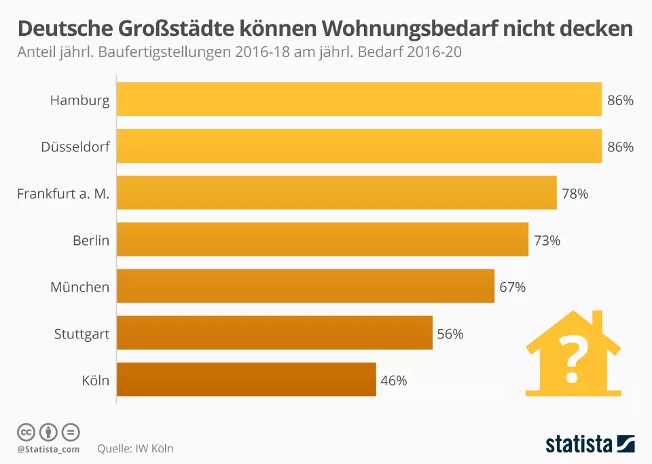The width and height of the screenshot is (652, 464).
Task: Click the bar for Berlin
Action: tap(323, 239)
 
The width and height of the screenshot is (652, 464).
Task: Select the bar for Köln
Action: tap(247, 379)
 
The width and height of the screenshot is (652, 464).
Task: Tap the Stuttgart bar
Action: tap(275, 333)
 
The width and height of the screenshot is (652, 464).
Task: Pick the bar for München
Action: tap(306, 286)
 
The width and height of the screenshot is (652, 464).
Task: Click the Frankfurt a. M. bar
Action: tap(337, 193)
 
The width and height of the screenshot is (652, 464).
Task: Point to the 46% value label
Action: tap(394, 381)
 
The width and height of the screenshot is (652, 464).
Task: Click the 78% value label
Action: tap(575, 193)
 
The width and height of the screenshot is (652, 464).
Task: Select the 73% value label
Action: tap(547, 240)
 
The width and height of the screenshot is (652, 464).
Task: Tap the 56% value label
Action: tap(450, 334)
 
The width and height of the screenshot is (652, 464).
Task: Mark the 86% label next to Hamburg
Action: tap(620, 100)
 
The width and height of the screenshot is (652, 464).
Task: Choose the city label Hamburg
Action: tap(79, 100)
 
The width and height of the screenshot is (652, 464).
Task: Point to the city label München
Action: tap(79, 287)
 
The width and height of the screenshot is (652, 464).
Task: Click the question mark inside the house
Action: tap(573, 360)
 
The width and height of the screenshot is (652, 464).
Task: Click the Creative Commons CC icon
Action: tap(26, 431)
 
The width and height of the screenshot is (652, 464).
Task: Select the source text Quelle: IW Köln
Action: tap(135, 448)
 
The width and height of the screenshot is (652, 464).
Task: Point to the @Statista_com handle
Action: tap(48, 449)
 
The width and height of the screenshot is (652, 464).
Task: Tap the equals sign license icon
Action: tap(71, 431)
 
